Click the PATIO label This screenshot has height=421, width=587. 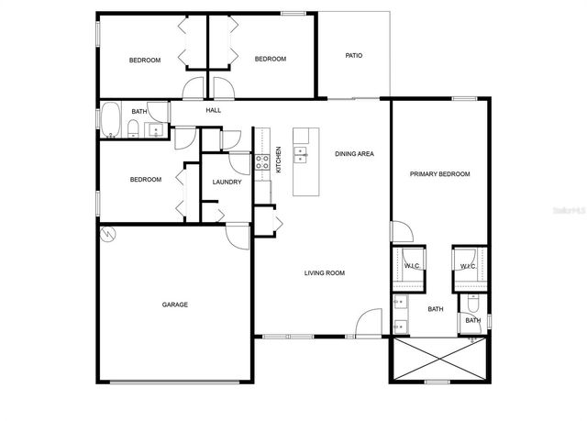tap(353, 56)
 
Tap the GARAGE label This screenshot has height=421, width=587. tap(175, 305)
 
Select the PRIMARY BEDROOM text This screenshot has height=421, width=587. tap(439, 174)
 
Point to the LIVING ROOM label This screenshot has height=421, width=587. tap(324, 272)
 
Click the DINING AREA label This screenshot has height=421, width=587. tap(354, 154)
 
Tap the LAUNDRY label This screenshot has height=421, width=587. tap(227, 182)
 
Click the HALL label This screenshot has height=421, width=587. tap(213, 111)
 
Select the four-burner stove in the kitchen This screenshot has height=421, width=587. tap(261, 163)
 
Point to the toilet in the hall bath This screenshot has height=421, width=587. tap(134, 127)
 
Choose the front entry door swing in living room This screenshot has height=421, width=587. tap(370, 323)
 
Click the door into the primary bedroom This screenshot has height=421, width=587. tap(400, 231)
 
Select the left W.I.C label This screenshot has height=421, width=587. tap(412, 266)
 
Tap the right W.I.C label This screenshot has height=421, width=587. tap(467, 267)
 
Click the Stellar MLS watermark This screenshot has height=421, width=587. tap(566, 209)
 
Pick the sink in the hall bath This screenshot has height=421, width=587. tap(157, 129)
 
